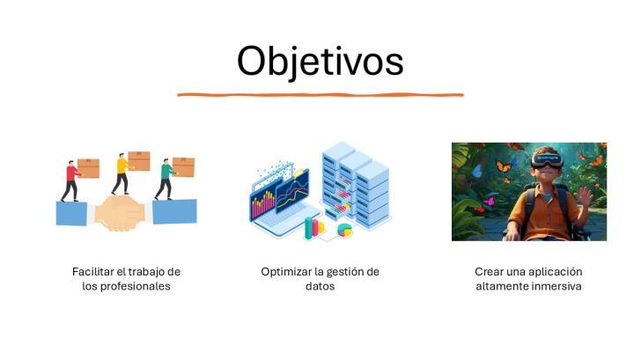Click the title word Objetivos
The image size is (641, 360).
[320, 62]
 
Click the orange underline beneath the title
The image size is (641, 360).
[320, 95]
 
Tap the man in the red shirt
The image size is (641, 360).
[71, 181]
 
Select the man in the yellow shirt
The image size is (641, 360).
[121, 173]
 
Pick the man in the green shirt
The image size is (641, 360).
[165, 179]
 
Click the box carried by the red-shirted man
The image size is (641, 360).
[88, 168]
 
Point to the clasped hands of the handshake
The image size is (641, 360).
[120, 213]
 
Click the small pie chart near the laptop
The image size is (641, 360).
[344, 230]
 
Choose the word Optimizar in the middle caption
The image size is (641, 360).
[286, 272]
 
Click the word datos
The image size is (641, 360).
[320, 286]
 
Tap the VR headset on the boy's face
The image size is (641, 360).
[547, 160]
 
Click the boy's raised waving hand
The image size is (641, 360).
[586, 197]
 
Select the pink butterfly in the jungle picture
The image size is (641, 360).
[488, 201]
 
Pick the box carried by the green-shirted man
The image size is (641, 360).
[183, 167]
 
